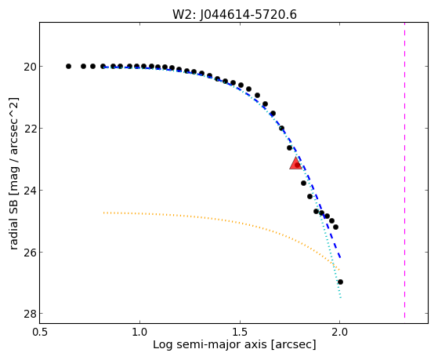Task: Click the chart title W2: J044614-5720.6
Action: tap(234, 14)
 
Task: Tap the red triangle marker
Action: tap(295, 164)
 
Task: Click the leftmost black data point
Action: tap(68, 67)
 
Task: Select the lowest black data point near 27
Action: tap(340, 282)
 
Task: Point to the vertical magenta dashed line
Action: tap(404, 171)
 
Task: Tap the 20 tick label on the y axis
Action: tap(29, 67)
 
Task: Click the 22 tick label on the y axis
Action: tap(29, 129)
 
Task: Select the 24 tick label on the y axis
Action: tap(29, 191)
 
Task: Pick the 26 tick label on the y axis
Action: tap(29, 253)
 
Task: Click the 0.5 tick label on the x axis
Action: tap(40, 333)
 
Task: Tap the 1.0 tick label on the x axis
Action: tap(139, 333)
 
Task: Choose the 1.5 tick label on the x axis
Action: tap(240, 333)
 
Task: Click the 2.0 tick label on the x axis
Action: tap(340, 333)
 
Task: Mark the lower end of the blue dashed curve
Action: tap(340, 258)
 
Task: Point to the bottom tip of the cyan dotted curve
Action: tap(341, 298)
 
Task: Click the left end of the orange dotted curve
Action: tap(103, 213)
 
